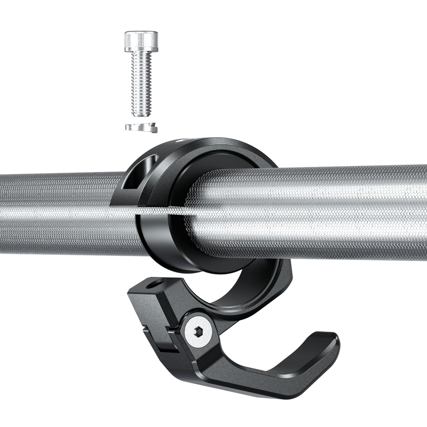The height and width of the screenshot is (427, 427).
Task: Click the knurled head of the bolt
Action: (141, 42)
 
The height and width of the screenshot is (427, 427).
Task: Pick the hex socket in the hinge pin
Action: (199, 332)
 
